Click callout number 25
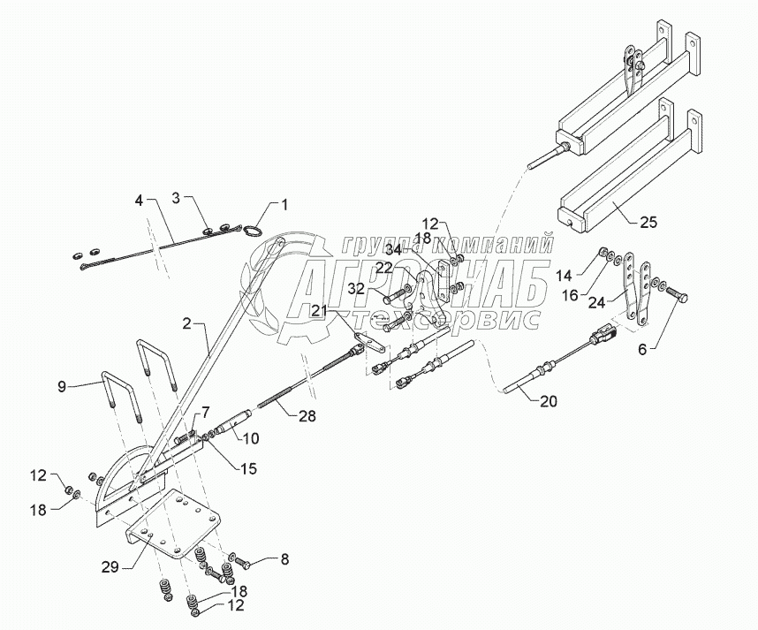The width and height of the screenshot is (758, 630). tap(648, 222)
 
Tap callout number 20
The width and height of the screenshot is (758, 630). tap(549, 401)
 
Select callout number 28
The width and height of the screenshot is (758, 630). tap(307, 415)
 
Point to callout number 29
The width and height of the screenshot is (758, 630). tap(110, 567)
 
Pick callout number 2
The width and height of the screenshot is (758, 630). tap(187, 323)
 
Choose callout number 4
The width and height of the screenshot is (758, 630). tap(140, 201)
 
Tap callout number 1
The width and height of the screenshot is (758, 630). tap(284, 206)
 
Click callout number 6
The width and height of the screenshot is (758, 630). tap(642, 349)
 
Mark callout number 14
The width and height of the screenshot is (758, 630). tap(563, 276)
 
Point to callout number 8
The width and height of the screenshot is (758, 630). tap(284, 559)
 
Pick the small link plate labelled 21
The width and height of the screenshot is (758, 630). tap(371, 344)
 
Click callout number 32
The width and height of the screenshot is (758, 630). tap(358, 289)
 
